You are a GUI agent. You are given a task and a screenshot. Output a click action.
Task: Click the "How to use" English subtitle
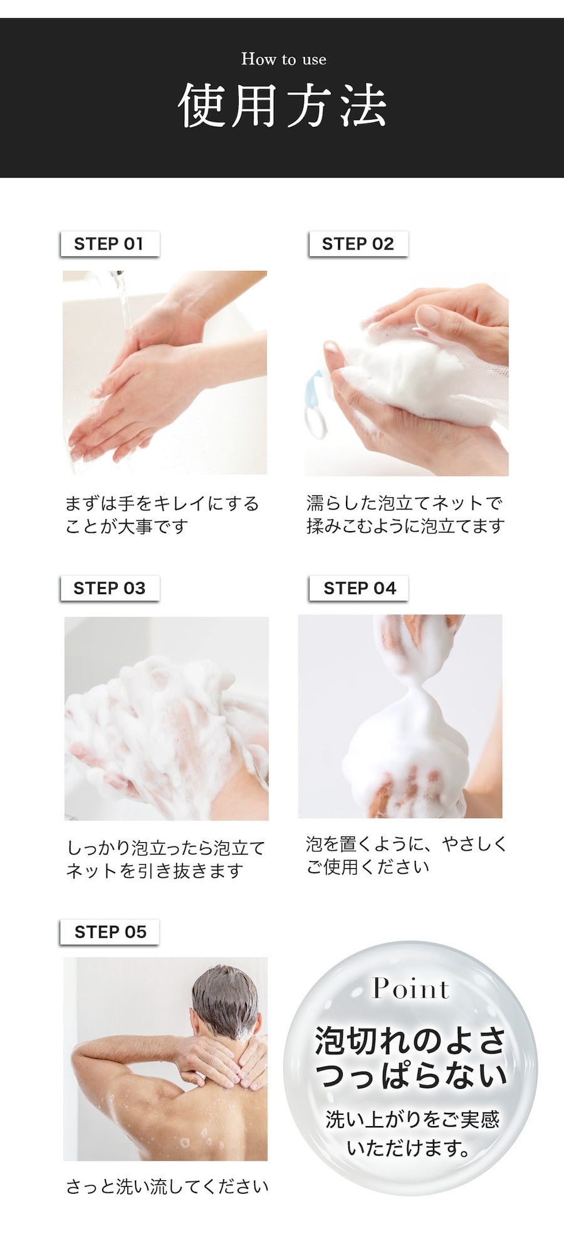[x=284, y=60]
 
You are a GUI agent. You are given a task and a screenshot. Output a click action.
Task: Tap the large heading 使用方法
[x=283, y=106]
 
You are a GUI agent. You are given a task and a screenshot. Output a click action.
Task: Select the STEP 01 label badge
[x=110, y=244]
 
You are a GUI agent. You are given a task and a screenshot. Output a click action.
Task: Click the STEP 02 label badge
[x=358, y=244]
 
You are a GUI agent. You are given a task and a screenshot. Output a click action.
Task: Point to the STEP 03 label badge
[x=110, y=588]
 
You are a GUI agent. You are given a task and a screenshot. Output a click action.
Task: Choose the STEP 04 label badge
[x=359, y=588]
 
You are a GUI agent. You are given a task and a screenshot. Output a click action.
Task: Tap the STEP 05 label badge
[x=110, y=932]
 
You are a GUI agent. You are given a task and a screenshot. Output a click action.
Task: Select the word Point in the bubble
[x=411, y=989]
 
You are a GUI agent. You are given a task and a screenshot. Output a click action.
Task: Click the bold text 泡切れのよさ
[x=410, y=1041]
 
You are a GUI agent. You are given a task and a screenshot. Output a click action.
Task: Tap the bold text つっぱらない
[x=411, y=1076]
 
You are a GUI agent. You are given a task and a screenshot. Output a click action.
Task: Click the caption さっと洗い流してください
[x=167, y=1187]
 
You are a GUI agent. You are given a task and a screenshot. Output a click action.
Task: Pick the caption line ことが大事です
[x=127, y=527]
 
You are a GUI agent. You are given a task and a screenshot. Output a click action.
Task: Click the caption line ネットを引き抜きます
[x=155, y=871]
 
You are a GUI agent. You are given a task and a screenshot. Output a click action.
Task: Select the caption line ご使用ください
[x=368, y=867]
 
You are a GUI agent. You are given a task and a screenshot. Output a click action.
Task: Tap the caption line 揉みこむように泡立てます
[x=405, y=526]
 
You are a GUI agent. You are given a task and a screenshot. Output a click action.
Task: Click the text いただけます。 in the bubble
[x=409, y=1148]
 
